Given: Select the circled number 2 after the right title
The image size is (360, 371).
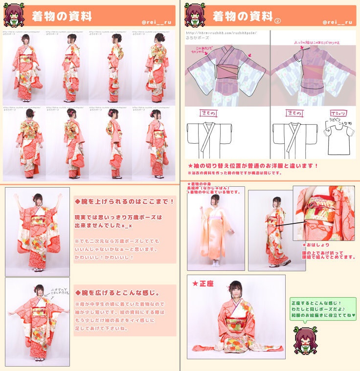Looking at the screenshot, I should pos(278,20).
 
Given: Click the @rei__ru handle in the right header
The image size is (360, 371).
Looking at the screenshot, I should pos(337,22).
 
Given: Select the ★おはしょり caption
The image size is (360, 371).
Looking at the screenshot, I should pos(316,244).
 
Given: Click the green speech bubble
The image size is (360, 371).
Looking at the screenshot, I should pos(323,309).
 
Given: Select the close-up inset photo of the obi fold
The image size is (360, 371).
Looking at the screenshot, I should pos(324,213).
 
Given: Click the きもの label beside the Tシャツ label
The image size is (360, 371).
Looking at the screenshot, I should pos(292,113).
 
